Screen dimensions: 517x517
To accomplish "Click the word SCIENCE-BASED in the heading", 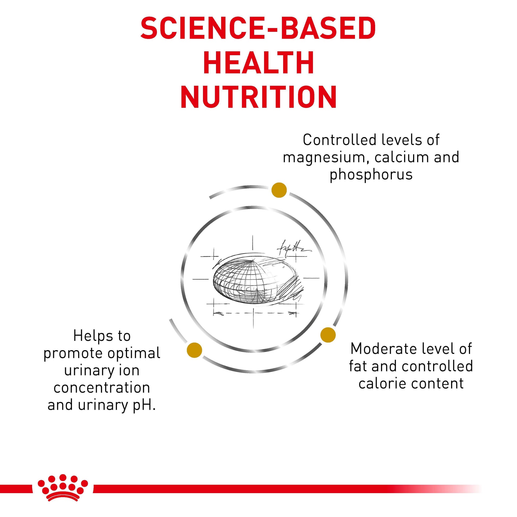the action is pyautogui.click(x=258, y=28).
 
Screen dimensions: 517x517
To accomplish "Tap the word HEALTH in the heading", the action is pyautogui.click(x=258, y=63).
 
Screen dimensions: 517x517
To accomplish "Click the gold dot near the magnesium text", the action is pyautogui.click(x=279, y=190).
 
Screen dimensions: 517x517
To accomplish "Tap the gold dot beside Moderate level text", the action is pyautogui.click(x=328, y=334).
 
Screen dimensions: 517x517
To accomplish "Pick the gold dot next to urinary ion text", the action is pyautogui.click(x=194, y=350).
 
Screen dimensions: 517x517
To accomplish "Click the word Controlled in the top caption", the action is pyautogui.click(x=340, y=140).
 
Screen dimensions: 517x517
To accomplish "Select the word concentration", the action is pyautogui.click(x=102, y=388).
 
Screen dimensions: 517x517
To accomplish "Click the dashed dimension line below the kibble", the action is pyautogui.click(x=254, y=313).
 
